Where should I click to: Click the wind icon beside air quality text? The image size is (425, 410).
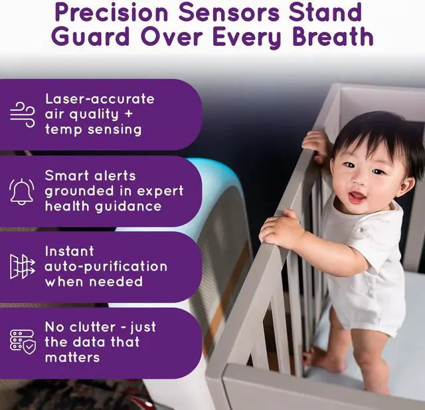point(23,114)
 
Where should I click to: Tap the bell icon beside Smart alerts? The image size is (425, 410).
point(22,191)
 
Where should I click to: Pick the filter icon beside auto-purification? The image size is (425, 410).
point(22,267)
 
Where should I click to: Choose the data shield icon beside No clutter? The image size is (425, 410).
point(23,342)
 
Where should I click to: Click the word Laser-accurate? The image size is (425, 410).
point(100,99)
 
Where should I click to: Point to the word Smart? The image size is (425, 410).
point(66,175)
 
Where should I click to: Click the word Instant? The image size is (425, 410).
point(70,251)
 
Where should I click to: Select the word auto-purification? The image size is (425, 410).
point(106,266)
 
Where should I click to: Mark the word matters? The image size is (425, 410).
point(72,358)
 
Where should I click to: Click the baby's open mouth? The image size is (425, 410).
point(357,197)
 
